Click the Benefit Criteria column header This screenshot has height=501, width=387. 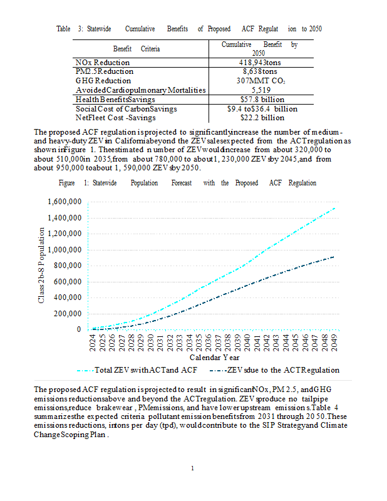tap(137, 48)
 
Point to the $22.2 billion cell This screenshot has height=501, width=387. tap(262, 117)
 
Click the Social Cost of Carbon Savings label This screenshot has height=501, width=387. tap(125, 108)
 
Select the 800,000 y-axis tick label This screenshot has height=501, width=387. tap(68, 266)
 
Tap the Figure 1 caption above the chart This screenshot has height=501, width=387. tap(187, 183)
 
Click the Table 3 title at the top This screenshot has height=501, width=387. tap(189, 29)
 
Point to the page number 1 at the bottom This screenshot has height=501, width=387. tap(193, 468)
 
